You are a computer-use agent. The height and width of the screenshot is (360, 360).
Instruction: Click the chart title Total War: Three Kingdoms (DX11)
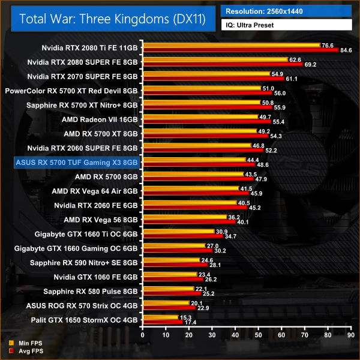112,19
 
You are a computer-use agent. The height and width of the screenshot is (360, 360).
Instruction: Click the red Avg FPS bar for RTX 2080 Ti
240,50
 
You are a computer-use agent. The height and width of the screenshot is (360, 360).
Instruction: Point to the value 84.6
347,50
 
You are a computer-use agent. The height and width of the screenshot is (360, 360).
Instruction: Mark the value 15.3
185,317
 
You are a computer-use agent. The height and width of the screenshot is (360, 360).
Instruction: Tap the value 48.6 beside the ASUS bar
263,165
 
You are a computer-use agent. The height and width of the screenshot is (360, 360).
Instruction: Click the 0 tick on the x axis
142,337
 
